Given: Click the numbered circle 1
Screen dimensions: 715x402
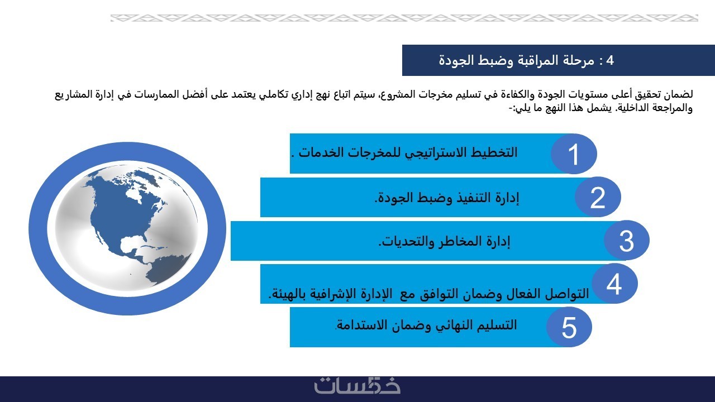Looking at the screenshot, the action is coord(574,154).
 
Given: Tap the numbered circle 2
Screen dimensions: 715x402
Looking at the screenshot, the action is coord(598,197).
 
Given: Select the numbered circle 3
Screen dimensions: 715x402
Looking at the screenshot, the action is coord(627,240).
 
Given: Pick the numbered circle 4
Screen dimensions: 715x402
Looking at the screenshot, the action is coord(614,283).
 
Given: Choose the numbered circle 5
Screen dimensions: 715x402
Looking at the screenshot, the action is coord(569,327).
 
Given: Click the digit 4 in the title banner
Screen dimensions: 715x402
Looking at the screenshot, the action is coord(609,60).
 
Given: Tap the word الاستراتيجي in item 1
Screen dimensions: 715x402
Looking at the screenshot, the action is coord(436,153).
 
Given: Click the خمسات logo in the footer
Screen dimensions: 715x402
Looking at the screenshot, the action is coord(357,386).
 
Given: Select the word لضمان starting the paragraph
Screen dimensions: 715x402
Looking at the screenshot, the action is coord(679,94).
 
